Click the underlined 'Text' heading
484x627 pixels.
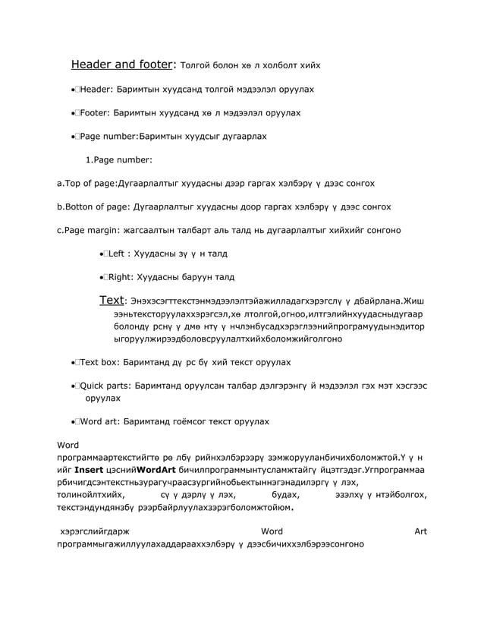tap(112, 301)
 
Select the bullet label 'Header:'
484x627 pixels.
tap(95, 90)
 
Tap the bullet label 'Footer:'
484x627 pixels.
tap(94, 113)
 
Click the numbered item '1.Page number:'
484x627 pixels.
tap(119, 159)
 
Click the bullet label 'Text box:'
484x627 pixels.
tap(99, 362)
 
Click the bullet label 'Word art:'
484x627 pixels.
tap(99, 421)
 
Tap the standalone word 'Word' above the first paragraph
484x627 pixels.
tap(69, 444)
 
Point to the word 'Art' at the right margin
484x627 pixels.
tap(420, 531)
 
